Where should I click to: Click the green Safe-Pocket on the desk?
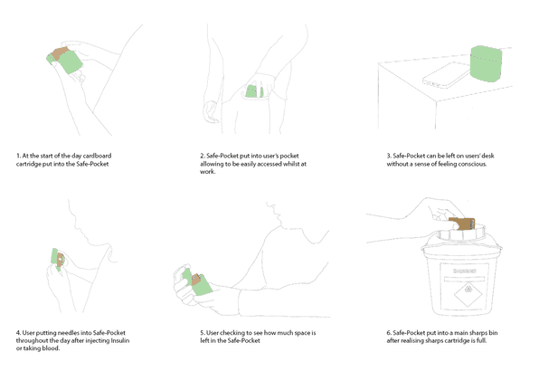coord(486,64)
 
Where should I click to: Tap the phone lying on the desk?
coord(447,76)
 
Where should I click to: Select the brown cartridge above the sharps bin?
coord(461,224)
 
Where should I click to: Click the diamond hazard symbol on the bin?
coord(468,294)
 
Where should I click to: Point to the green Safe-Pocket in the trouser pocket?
coord(254,91)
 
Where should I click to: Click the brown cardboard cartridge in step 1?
coord(60,53)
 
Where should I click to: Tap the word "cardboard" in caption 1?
coord(97,156)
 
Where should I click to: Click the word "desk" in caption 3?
coord(487,156)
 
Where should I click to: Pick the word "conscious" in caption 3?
coord(472,164)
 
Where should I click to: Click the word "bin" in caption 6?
coord(493,333)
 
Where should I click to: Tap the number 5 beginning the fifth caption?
coord(203,333)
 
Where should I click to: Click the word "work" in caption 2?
coord(207,172)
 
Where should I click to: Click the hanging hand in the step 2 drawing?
coord(211,112)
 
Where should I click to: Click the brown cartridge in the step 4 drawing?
coord(60,261)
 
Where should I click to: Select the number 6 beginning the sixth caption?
coord(389,333)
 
